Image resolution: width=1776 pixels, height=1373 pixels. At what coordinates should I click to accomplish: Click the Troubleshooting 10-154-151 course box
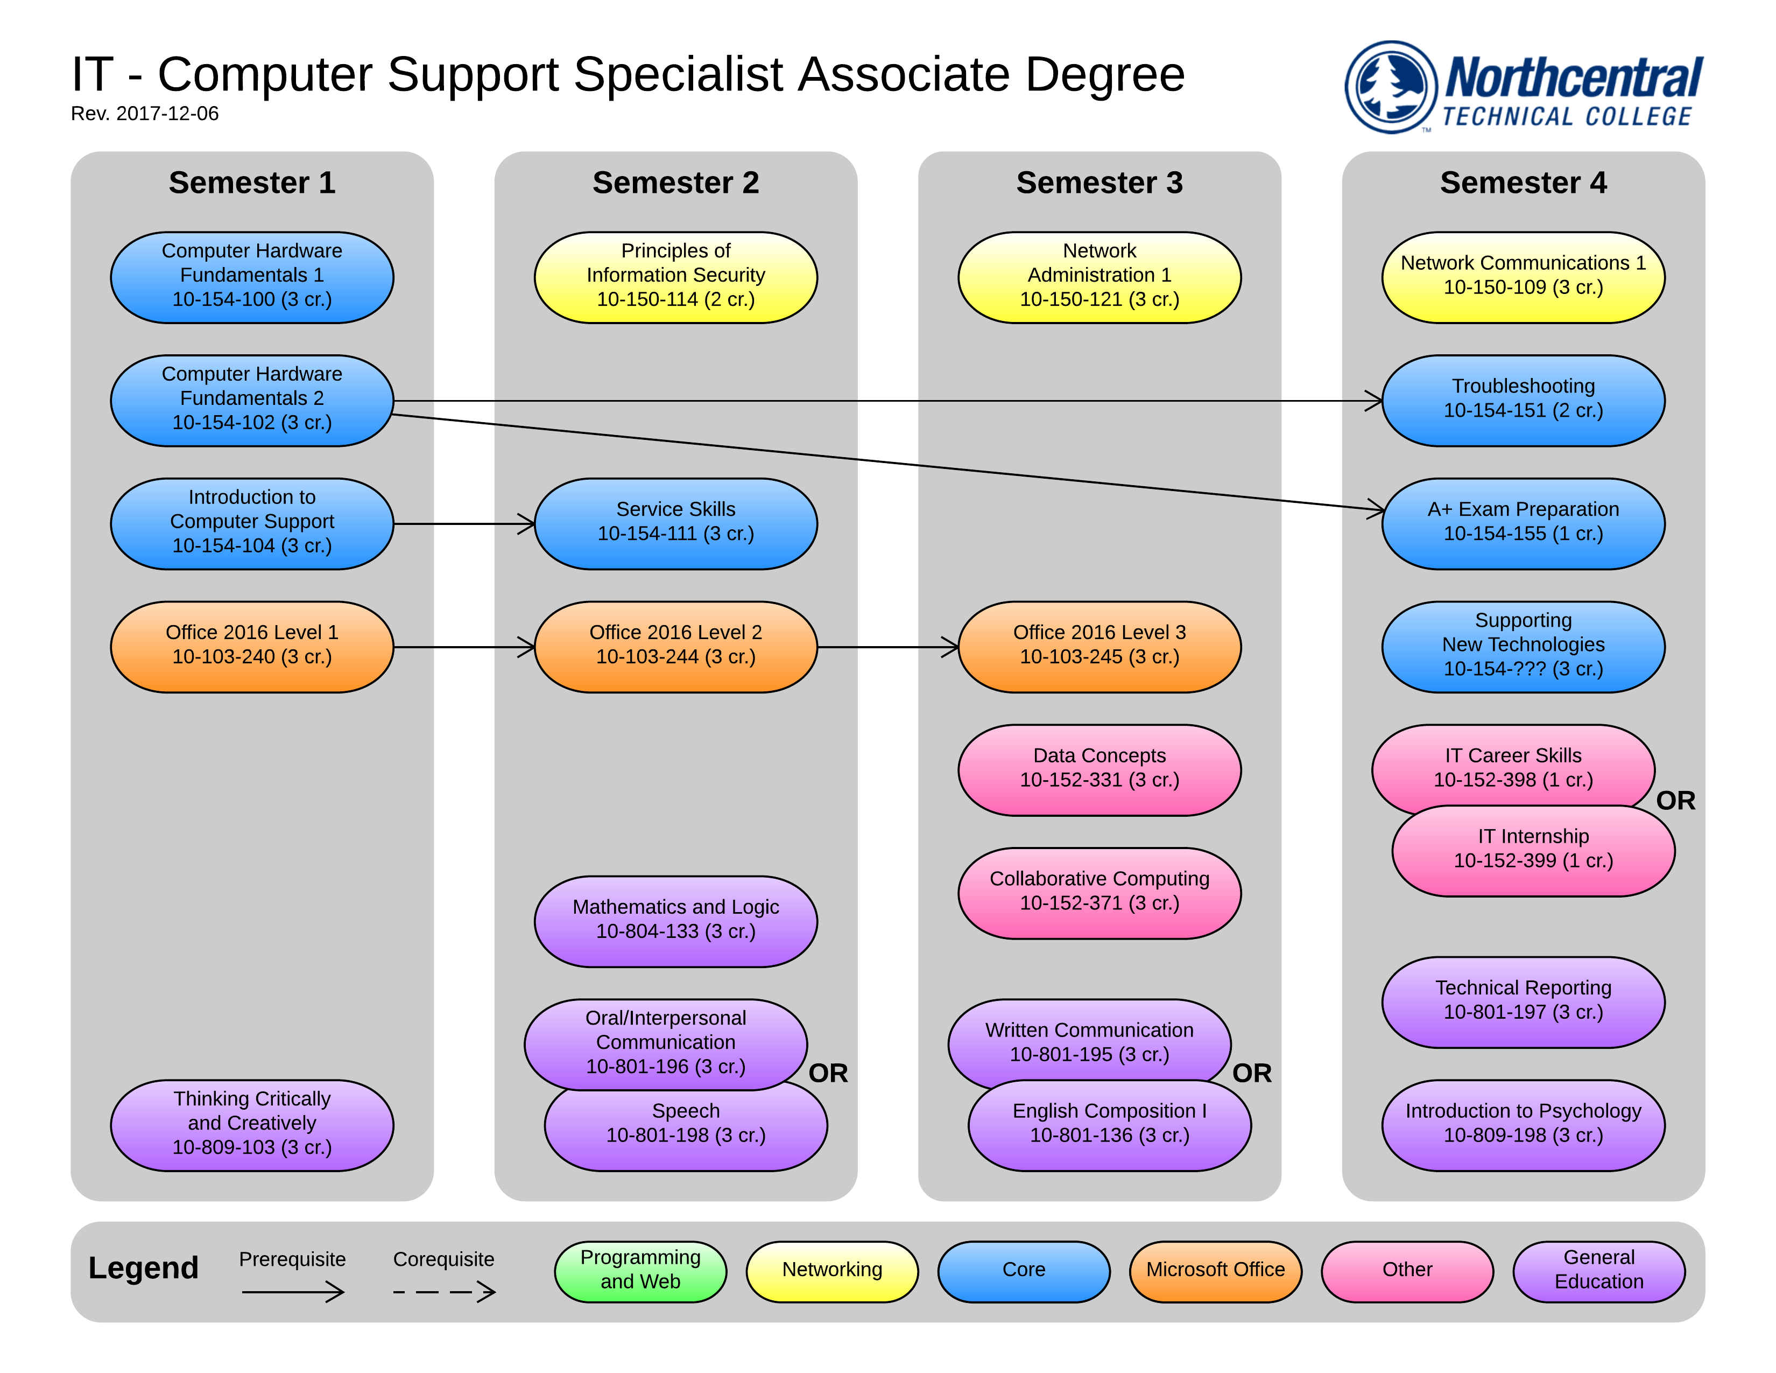[1523, 400]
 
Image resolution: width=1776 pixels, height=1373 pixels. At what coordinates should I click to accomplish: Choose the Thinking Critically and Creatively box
[251, 1124]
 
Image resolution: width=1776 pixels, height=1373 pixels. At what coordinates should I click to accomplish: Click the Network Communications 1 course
[1523, 277]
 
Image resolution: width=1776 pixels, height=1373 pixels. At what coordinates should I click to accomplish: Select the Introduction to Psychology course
[1523, 1124]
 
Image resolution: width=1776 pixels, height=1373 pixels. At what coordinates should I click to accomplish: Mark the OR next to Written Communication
[1251, 1073]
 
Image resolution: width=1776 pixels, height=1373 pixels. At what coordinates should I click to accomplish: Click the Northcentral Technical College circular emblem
[1391, 87]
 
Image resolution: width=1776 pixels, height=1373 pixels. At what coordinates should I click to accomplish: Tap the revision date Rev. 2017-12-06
[145, 114]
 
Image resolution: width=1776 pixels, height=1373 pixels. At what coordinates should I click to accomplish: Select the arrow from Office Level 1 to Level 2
[463, 647]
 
